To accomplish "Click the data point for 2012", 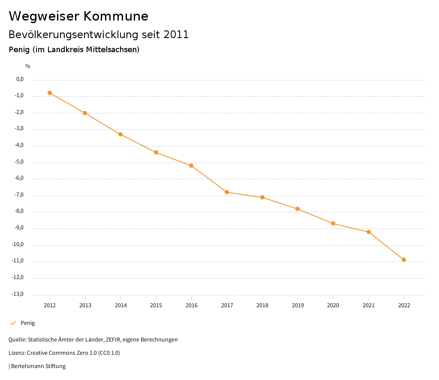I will pos(50,93).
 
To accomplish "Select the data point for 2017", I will pos(227,192).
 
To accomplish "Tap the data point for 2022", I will pos(404,260).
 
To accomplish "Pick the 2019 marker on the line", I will pos(298,209).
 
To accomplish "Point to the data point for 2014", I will pos(120,134).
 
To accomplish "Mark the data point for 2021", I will pos(369,232).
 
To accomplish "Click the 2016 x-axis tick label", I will pos(191,306).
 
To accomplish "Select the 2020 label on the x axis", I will pos(333,306).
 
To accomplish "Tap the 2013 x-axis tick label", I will pos(85,306).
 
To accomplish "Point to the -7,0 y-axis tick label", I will pos(20,195).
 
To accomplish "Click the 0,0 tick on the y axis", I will pos(20,79).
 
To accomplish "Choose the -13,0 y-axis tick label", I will pos(18,294).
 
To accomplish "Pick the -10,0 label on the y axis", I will pos(18,244).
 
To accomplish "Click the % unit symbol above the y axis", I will pos(28,66).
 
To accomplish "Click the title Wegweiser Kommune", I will pos(78,16).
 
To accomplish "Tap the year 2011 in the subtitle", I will pos(176,35).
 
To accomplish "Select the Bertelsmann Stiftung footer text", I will pos(38,366).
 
